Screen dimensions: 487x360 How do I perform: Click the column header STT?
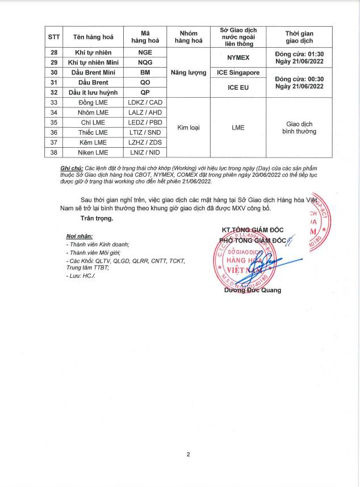54,37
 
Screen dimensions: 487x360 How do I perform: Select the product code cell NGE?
145,52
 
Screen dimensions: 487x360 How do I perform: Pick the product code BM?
145,72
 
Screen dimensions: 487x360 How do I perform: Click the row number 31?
54,82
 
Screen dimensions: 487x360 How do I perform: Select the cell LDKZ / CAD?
145,102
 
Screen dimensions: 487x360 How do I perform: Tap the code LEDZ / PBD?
145,122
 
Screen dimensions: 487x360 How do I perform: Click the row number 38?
54,152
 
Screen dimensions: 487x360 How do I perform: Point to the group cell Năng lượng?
189,72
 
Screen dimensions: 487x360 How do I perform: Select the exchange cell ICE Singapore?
238,72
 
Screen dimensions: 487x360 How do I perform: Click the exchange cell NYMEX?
238,57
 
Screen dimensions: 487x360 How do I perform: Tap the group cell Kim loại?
189,127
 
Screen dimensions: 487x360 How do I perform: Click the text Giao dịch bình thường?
300,127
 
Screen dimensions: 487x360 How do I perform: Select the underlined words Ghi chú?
71,169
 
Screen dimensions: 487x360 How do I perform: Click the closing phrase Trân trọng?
97,218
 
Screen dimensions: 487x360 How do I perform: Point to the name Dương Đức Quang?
253,290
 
